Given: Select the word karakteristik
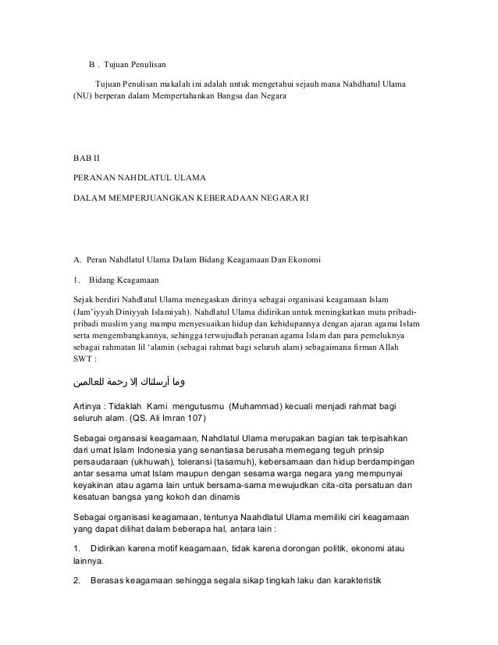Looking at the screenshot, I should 372,580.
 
